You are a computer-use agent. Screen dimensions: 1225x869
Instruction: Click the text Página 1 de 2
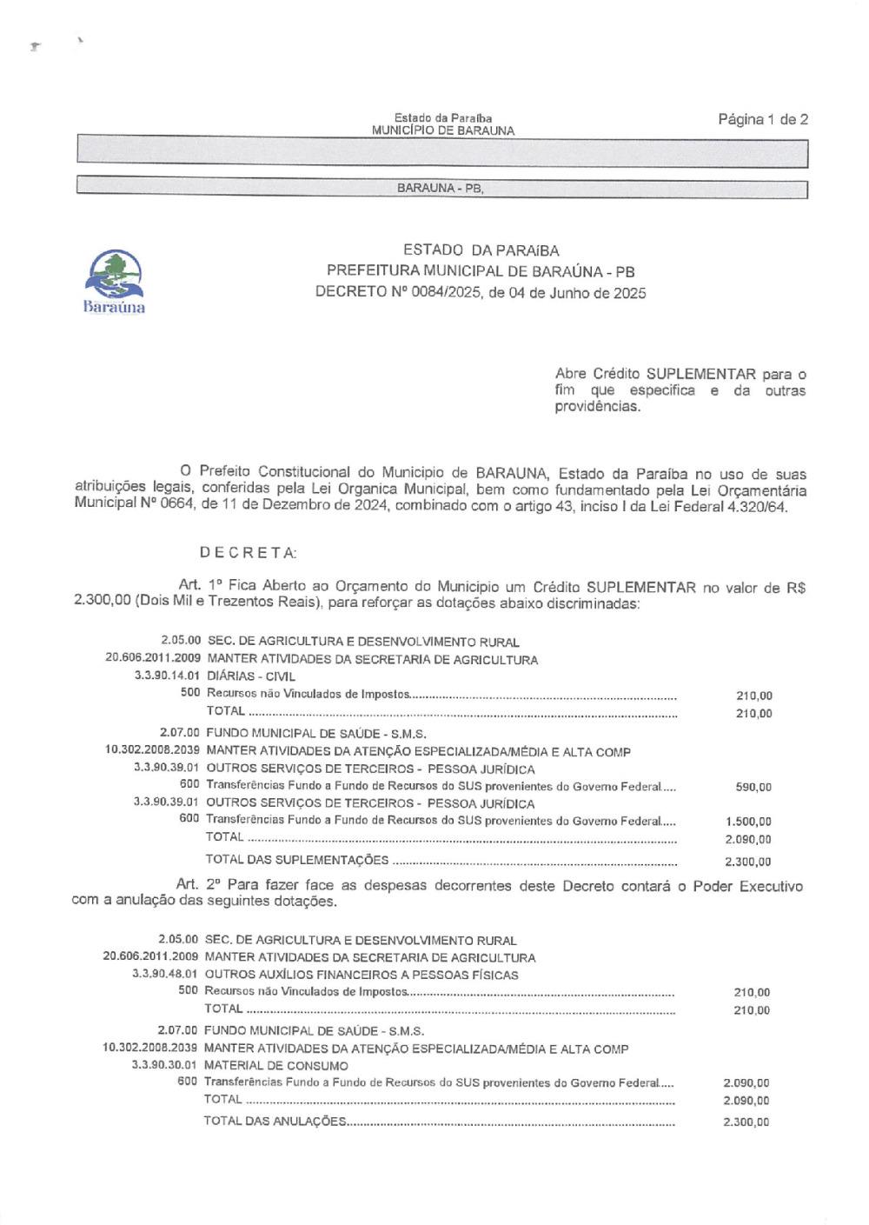[762, 119]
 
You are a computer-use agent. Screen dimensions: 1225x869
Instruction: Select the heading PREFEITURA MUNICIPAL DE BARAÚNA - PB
[481, 271]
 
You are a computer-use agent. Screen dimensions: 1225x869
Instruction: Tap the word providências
[598, 406]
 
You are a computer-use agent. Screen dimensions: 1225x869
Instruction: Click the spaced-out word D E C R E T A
[248, 553]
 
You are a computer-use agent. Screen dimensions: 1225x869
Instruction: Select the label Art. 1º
[201, 585]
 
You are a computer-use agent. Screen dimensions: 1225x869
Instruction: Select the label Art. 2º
[199, 884]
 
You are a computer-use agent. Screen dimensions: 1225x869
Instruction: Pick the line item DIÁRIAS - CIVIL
[251, 676]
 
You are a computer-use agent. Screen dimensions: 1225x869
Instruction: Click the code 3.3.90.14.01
[167, 676]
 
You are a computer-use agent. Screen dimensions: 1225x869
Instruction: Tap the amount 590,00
[753, 788]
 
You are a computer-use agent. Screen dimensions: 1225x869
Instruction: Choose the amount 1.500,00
[748, 822]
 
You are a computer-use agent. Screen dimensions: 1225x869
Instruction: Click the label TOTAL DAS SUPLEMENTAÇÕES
[297, 861]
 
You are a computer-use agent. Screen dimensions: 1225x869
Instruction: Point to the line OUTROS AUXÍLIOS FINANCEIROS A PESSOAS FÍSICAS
[362, 975]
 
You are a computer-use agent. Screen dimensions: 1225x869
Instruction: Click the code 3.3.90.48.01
[165, 975]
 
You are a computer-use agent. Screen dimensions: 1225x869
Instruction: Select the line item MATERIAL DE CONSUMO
[275, 1066]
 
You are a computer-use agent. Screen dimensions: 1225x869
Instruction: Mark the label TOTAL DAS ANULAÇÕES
[275, 1122]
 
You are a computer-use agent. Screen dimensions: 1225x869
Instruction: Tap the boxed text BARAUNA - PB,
[440, 189]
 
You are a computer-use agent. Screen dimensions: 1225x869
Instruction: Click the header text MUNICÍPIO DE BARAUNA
[442, 131]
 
